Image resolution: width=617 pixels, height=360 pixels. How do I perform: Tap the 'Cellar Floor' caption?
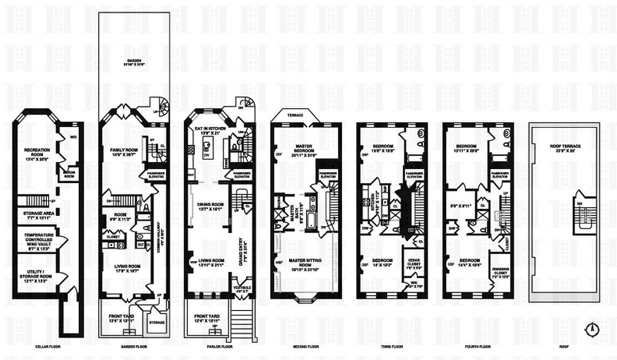point(47,347)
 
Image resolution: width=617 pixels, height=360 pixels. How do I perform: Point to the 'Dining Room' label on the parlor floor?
point(211,207)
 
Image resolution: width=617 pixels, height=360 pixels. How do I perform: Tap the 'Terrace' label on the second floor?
point(295,115)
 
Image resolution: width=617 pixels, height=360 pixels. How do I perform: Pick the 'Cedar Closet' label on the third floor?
point(414,262)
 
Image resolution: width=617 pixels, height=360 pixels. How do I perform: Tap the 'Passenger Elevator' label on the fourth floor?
point(500,175)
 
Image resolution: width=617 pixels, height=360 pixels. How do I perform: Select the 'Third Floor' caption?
point(392,347)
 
